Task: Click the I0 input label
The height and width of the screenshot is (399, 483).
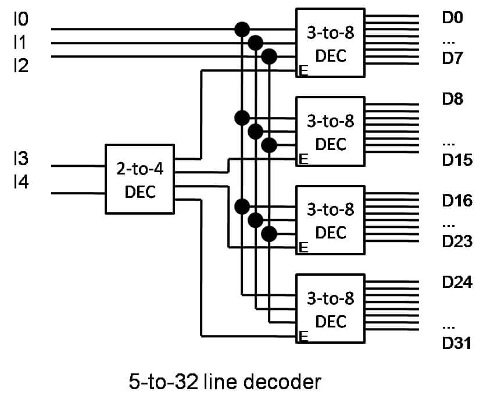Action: tap(21, 19)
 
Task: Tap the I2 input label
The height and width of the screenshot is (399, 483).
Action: tap(21, 66)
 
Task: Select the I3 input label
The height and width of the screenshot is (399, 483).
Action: tap(21, 158)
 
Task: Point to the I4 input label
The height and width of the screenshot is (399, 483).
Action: tap(21, 181)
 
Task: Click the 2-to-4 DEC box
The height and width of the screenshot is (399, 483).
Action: tap(140, 179)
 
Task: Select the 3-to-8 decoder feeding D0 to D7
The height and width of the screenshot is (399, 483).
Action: tap(330, 42)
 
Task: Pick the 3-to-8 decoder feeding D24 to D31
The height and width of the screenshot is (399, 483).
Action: tap(330, 308)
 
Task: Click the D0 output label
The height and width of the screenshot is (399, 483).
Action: tap(452, 17)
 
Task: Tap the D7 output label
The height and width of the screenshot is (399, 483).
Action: tap(452, 58)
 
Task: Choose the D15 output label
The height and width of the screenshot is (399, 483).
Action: tap(457, 160)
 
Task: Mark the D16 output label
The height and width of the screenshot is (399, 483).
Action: tap(457, 201)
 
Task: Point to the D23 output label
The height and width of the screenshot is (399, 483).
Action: tap(457, 241)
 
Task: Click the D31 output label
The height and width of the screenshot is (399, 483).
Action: tap(456, 343)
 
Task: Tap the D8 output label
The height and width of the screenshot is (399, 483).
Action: tap(453, 99)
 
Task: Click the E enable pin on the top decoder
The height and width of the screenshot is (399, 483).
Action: tap(303, 71)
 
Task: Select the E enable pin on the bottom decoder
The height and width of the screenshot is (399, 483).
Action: tap(303, 336)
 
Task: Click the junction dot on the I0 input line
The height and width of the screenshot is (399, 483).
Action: tap(242, 30)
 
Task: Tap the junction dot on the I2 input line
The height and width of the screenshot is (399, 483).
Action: tap(269, 57)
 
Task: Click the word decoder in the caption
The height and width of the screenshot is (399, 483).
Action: tap(282, 382)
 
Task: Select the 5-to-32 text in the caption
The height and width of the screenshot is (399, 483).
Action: tap(163, 382)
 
